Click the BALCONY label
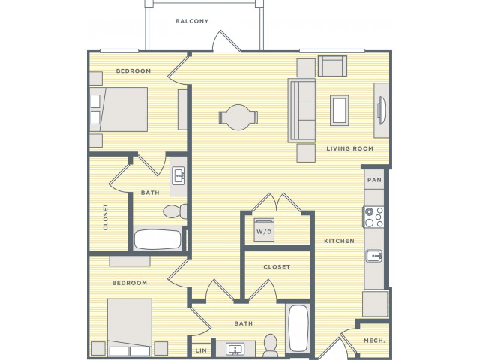pos(192,21)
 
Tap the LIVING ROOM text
pos(350,148)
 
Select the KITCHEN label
pos(339,241)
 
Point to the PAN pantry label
pos(374,180)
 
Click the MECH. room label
pos(374,340)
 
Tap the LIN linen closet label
pos(201,350)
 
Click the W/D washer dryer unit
pos(264,229)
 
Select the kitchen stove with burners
pos(373,217)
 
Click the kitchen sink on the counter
pos(374,256)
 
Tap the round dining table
pos(238,118)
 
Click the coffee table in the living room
pos(339,110)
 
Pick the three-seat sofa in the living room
pos(301,110)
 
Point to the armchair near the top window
pos(332,66)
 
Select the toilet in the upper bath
pos(175,211)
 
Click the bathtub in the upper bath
pos(158,239)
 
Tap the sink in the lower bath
pos(235,349)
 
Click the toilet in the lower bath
pos(270,345)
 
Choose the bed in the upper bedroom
pos(118,109)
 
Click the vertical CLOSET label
pos(106,217)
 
